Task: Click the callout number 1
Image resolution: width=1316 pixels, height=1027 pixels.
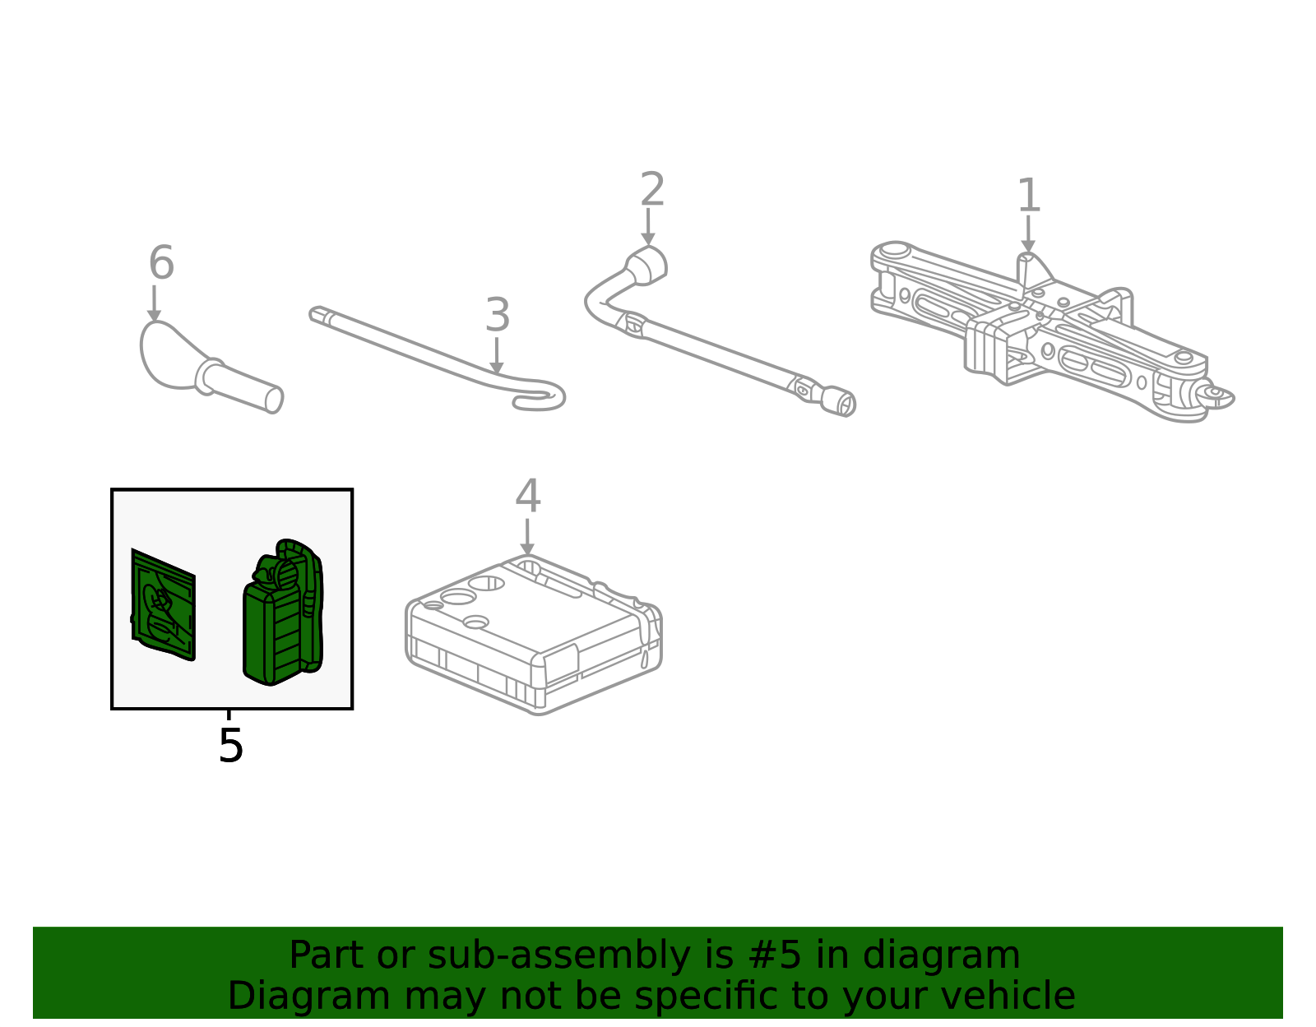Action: click(x=1029, y=195)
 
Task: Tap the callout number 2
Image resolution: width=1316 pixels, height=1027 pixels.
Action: click(x=652, y=189)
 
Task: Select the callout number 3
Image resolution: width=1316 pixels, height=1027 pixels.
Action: click(x=498, y=315)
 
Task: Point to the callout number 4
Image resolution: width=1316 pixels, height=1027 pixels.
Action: click(x=527, y=496)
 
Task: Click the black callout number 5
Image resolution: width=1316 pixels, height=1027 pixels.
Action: click(x=231, y=745)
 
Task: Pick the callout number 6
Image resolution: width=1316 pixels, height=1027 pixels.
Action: click(x=161, y=262)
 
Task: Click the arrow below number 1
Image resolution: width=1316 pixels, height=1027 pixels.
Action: click(x=1028, y=234)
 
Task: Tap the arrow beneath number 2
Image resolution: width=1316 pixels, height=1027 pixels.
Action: click(x=648, y=226)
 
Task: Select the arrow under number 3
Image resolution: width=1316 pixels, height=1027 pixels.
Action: click(x=497, y=355)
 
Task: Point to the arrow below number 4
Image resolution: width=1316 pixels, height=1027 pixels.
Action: click(x=527, y=536)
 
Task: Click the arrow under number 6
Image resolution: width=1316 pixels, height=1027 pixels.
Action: click(x=154, y=303)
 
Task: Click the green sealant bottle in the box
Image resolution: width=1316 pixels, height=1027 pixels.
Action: click(x=283, y=612)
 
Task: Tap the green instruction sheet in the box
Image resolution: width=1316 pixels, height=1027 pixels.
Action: click(x=163, y=604)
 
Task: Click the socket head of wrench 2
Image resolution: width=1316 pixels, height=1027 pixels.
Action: click(x=646, y=266)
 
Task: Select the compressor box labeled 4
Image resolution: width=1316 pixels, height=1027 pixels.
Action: click(x=534, y=635)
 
